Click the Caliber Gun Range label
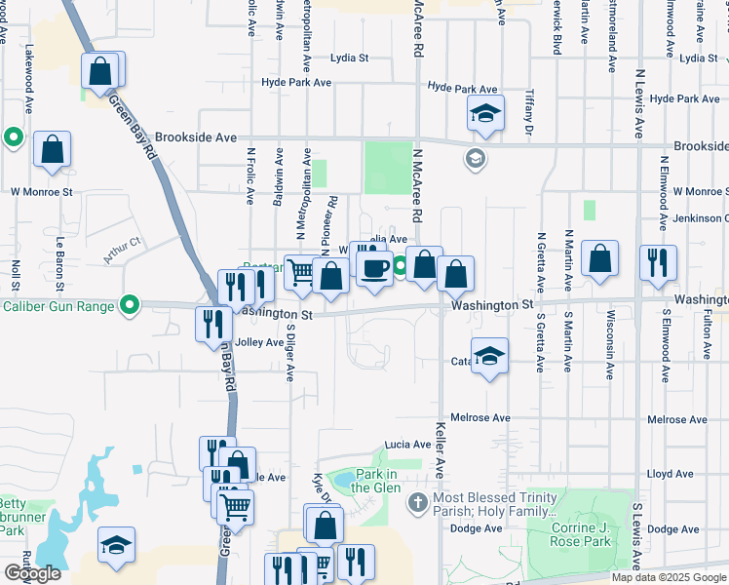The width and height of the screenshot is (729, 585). coord(59,306)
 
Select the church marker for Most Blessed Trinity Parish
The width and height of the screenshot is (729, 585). coord(416,503)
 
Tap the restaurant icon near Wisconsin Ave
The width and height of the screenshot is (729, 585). coord(657,261)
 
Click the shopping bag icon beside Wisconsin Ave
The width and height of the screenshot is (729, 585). coord(600,258)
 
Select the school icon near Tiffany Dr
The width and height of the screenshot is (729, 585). coord(485,113)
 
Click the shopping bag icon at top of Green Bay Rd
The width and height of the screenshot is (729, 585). coord(100,71)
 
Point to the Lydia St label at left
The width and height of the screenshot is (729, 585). coord(349,58)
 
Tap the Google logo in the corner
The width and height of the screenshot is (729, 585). coord(32,573)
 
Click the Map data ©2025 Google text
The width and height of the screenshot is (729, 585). coord(668,577)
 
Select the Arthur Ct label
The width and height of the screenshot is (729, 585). coord(123,252)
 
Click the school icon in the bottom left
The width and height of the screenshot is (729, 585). coord(116,546)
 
